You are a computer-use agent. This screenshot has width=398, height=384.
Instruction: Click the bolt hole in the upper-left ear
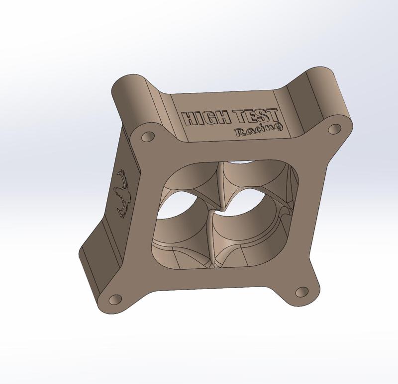click(148, 136)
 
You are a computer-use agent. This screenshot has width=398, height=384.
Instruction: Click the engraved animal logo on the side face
click(121, 194)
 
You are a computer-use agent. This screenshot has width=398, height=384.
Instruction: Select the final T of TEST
click(274, 115)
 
